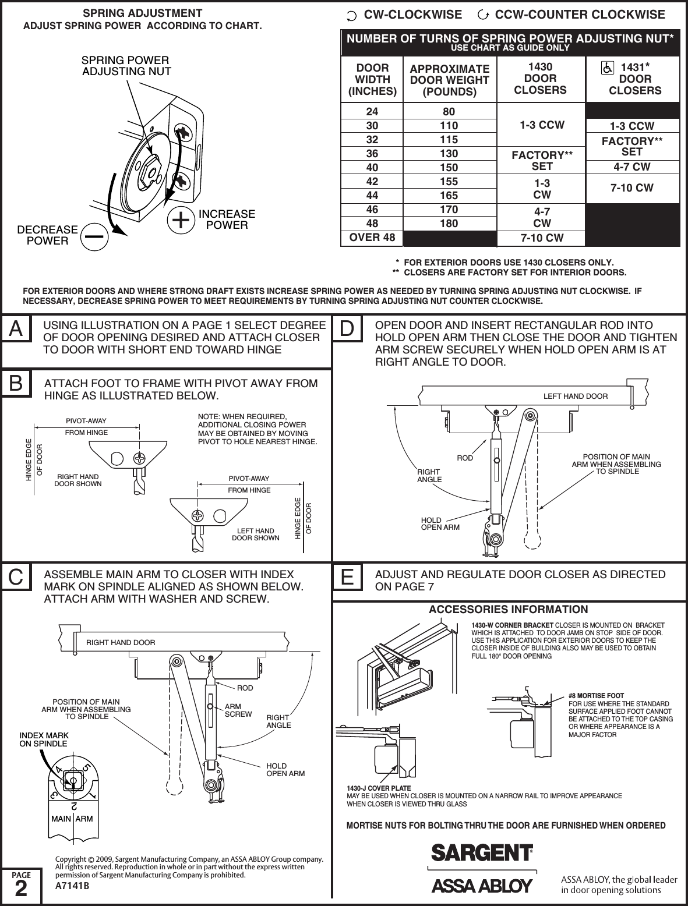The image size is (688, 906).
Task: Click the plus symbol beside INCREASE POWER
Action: tap(181, 220)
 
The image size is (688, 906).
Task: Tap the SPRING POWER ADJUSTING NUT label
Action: tap(126, 66)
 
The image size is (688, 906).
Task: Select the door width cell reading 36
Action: tap(372, 154)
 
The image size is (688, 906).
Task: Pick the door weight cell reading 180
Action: tap(449, 224)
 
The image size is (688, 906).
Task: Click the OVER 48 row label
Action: tap(372, 238)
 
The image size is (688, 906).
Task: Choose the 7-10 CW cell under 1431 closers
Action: tap(631, 188)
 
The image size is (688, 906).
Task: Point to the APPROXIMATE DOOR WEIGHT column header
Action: tap(449, 80)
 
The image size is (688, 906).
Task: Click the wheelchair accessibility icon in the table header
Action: tap(608, 68)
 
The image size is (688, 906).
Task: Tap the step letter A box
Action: tap(16, 330)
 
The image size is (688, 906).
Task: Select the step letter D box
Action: tap(347, 330)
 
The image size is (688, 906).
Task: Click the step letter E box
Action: tap(347, 579)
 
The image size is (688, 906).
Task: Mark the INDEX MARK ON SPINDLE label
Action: tap(44, 739)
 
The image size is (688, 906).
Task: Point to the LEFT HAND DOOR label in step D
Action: tap(575, 397)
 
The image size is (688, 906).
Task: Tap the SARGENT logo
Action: tap(482, 852)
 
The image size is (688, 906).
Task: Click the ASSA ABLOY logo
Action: tap(482, 886)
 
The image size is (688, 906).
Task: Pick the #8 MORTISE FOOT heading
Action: tap(596, 696)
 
